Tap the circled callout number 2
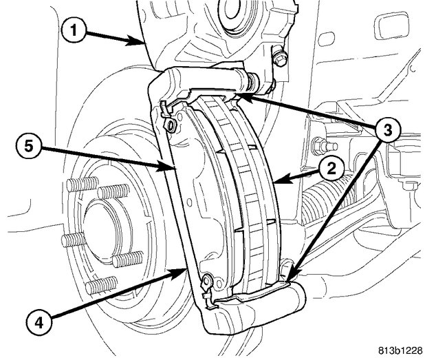coord(329,168)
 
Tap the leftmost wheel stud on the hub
coord(66,240)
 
